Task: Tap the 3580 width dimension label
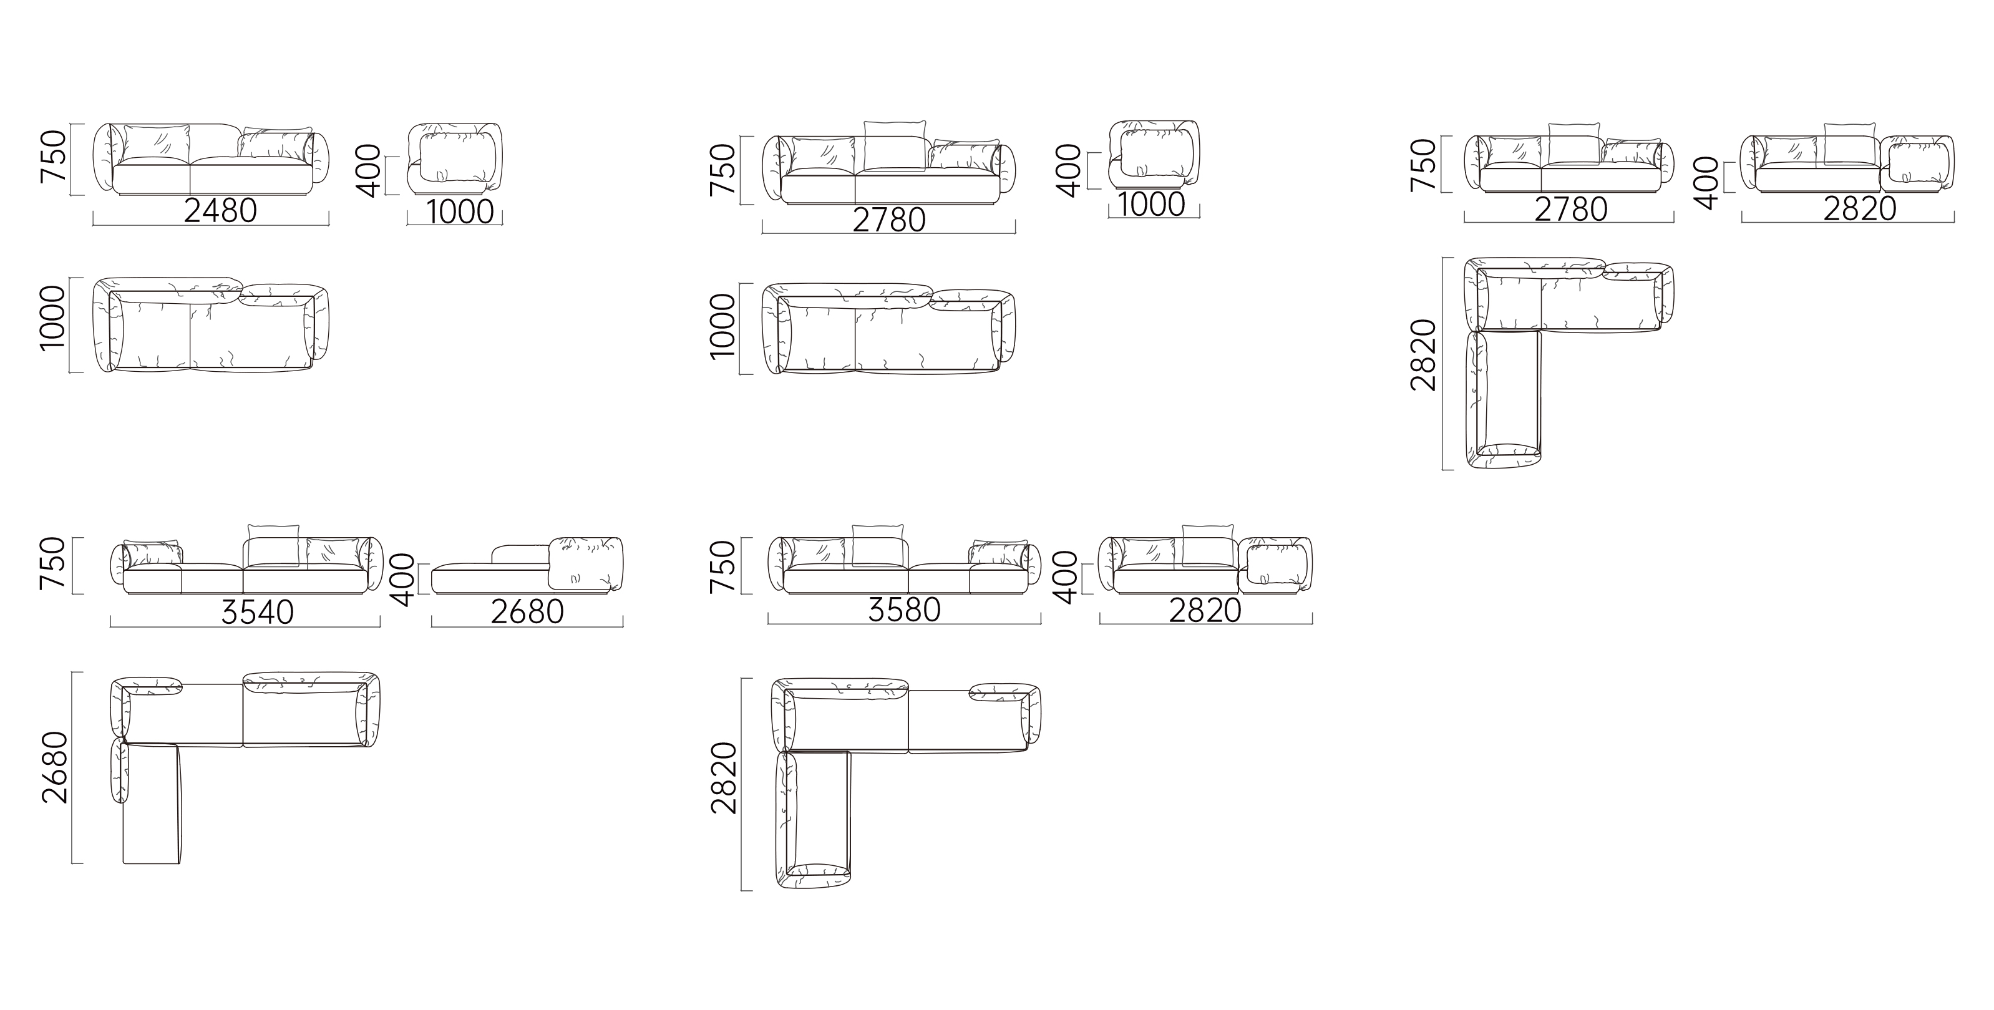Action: click(904, 610)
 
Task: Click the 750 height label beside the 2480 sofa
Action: click(54, 157)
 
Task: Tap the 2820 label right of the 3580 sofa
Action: click(1205, 611)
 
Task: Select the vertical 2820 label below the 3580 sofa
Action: click(724, 778)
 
